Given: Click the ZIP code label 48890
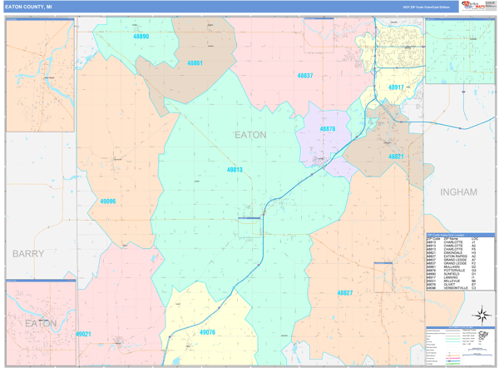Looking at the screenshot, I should click(x=141, y=37).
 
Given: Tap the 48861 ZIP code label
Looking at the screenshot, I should click(x=195, y=63).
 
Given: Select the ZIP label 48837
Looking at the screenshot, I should click(x=305, y=76).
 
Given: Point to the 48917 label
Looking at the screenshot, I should click(x=396, y=87).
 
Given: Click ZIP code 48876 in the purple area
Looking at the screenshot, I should click(x=328, y=129).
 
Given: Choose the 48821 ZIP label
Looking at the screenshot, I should click(x=395, y=157).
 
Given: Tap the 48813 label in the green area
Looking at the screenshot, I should click(x=235, y=170).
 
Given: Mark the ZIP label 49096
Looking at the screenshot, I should click(x=107, y=201).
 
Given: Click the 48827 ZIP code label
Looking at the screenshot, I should click(x=345, y=293).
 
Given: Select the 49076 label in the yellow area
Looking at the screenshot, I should click(x=208, y=332).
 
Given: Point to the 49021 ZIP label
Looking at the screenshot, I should click(x=83, y=334).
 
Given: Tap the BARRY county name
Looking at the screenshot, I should click(x=27, y=252).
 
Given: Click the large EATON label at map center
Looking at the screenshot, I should click(x=250, y=134).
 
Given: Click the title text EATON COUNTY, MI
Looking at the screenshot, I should click(x=28, y=7).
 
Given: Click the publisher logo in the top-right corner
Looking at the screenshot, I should click(x=477, y=7).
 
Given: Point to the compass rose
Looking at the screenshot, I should click(x=482, y=316).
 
